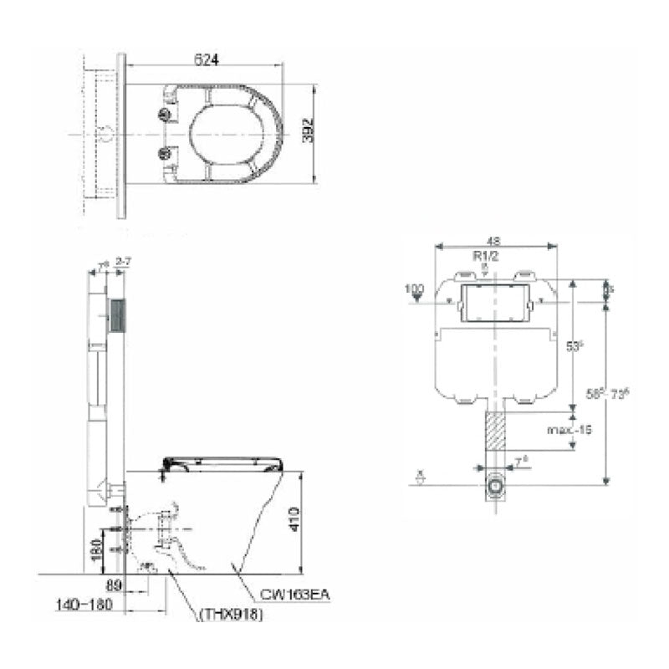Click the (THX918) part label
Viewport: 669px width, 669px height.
(232, 615)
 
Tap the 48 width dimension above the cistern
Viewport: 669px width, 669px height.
(497, 239)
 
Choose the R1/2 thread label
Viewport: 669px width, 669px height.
(486, 257)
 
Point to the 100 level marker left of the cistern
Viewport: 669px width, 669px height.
(414, 289)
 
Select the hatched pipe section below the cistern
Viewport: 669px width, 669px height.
(496, 432)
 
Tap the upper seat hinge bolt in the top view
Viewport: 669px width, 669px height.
(165, 113)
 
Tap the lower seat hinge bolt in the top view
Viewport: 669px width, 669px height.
(165, 152)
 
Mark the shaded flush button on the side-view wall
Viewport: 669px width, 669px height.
(117, 318)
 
